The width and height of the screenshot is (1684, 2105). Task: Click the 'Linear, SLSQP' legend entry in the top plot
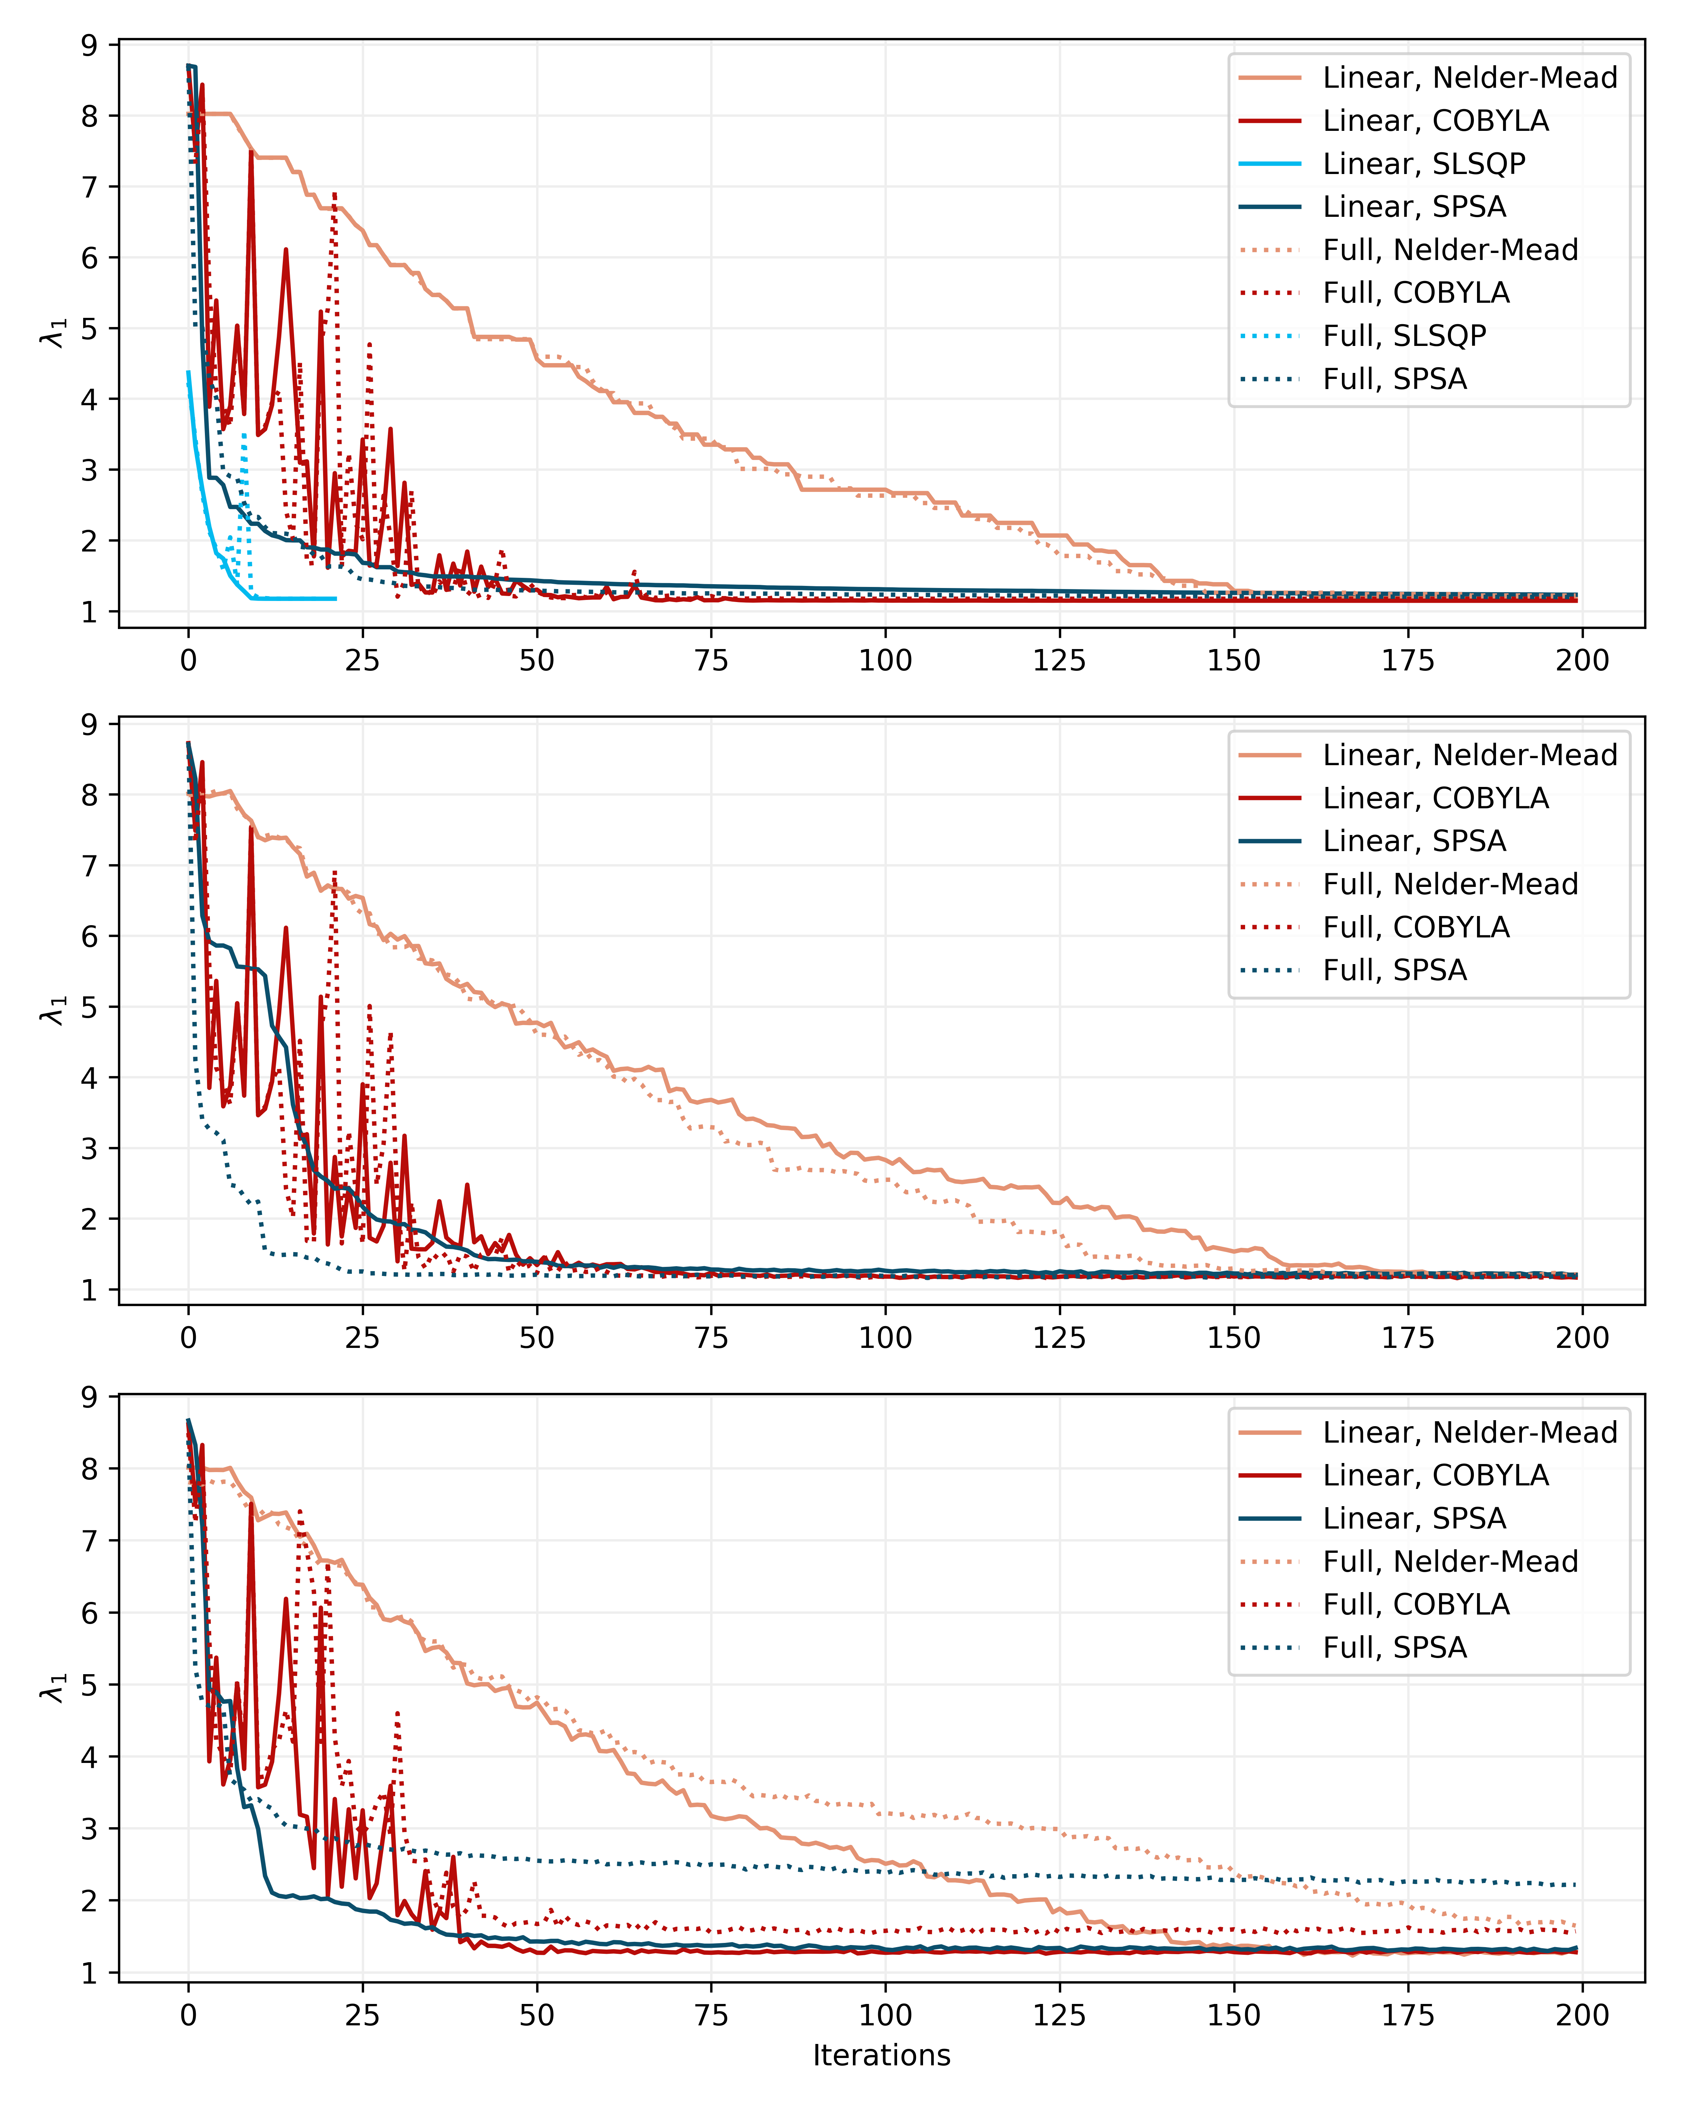[x=1423, y=164]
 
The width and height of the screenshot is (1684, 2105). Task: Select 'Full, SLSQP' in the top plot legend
[x=1404, y=336]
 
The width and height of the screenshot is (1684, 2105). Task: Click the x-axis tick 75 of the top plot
[x=711, y=661]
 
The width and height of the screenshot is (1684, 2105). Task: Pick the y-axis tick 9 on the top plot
[x=90, y=45]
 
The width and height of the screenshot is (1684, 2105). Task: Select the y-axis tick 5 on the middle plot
[x=90, y=1007]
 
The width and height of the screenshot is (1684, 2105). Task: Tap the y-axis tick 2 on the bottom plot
[x=90, y=1901]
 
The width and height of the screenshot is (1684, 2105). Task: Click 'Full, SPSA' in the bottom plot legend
[x=1394, y=1648]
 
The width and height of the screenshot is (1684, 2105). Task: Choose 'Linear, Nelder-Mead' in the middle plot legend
[x=1469, y=755]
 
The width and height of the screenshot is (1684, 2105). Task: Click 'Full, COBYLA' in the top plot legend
[x=1416, y=293]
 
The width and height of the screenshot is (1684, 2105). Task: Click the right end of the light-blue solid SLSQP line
[x=336, y=599]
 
